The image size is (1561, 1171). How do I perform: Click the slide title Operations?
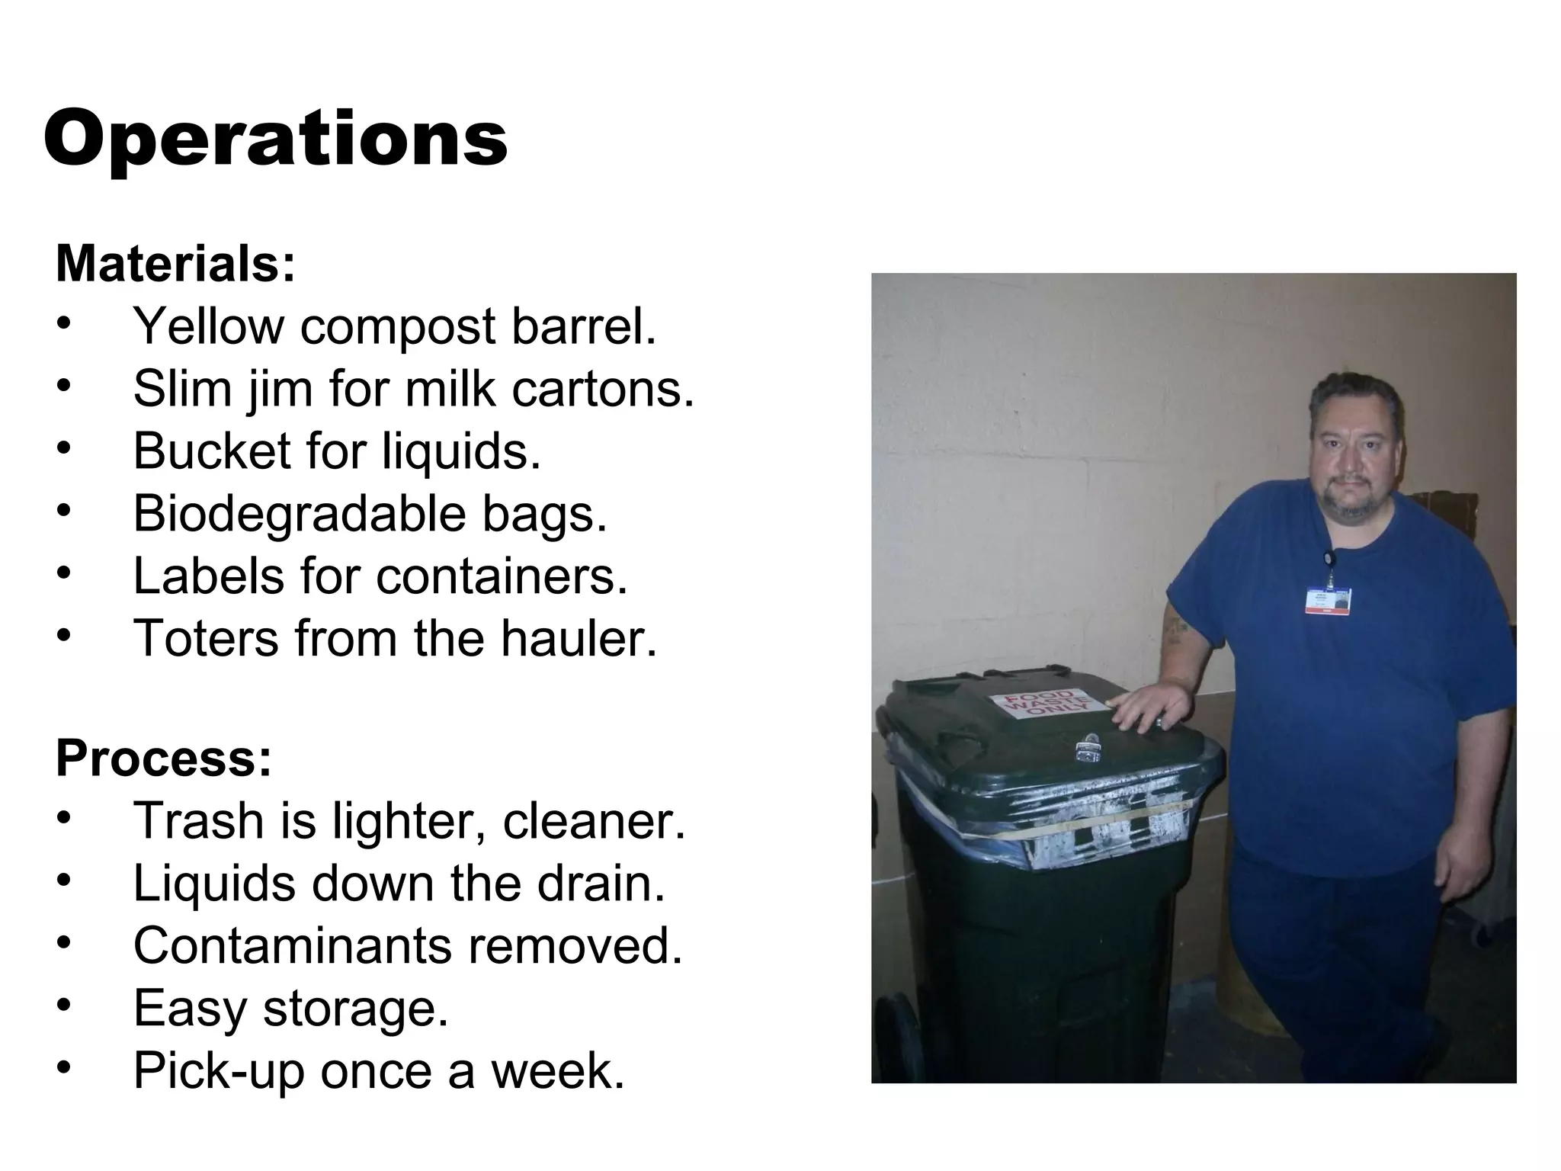pos(275,140)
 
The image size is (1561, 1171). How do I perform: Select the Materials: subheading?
pos(175,264)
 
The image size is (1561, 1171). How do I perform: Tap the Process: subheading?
pos(163,759)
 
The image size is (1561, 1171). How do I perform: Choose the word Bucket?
pos(211,451)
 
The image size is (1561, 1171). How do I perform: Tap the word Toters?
pos(206,638)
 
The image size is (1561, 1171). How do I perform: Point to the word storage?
pos(355,1009)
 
